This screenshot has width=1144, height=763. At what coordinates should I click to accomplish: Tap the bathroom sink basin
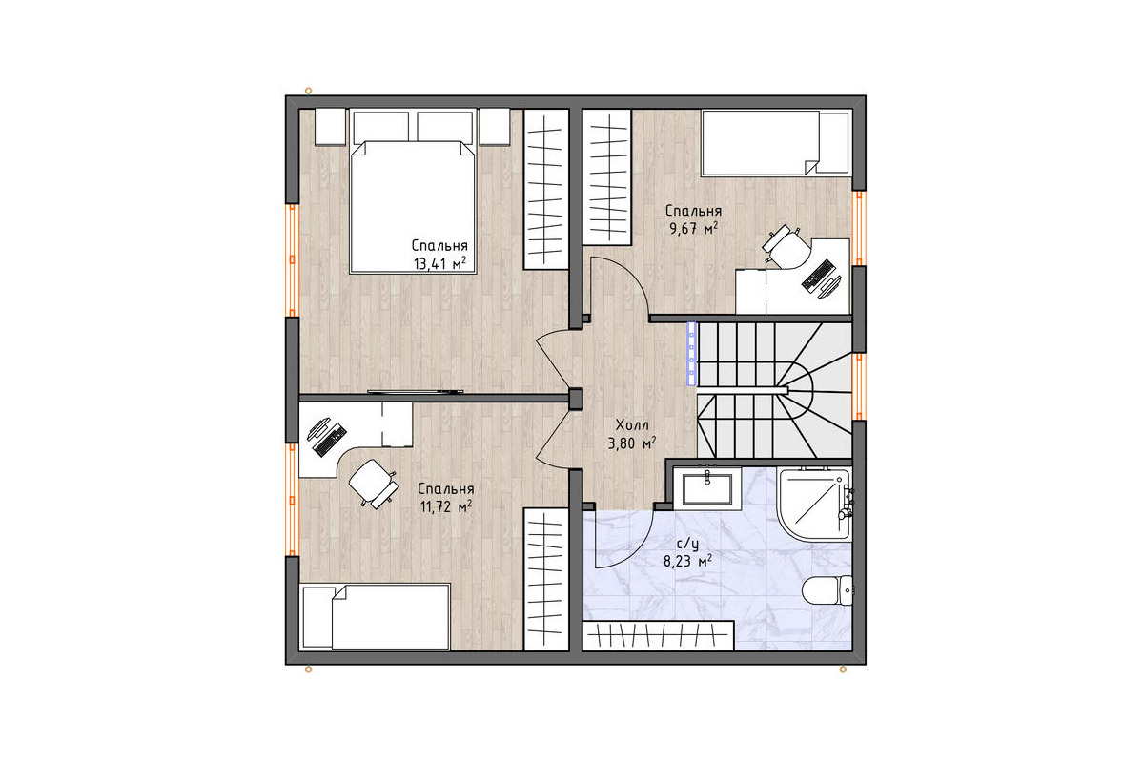coord(707,488)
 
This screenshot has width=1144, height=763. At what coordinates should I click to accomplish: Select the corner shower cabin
coord(814,504)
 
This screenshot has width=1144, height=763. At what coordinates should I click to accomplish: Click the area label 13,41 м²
coord(439,263)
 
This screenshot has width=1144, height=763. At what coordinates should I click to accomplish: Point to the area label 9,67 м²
coord(694,228)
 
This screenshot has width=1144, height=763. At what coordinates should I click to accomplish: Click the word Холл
coord(632,425)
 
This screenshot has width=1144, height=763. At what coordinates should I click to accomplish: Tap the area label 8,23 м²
coord(688,562)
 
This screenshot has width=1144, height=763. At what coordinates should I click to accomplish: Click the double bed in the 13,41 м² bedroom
coord(413,192)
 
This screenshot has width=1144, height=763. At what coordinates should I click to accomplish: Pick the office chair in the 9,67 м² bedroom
coord(786,247)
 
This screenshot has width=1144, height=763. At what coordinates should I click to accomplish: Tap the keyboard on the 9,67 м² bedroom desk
coord(819,276)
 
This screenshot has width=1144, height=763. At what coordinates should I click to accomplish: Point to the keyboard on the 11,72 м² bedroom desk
coord(330,440)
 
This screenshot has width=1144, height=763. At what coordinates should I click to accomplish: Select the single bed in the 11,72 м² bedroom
coord(377,617)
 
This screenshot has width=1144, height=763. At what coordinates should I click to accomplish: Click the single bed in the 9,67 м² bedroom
coord(775,143)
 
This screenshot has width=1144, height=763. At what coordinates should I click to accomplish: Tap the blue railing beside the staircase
coord(691,353)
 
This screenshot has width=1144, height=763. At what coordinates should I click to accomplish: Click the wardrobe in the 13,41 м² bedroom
coord(546,189)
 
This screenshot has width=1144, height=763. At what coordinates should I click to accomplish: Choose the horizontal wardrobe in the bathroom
coord(659,636)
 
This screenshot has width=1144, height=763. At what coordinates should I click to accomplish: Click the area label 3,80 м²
coord(632,443)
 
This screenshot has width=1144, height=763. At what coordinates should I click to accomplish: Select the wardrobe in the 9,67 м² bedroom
coord(608,176)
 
